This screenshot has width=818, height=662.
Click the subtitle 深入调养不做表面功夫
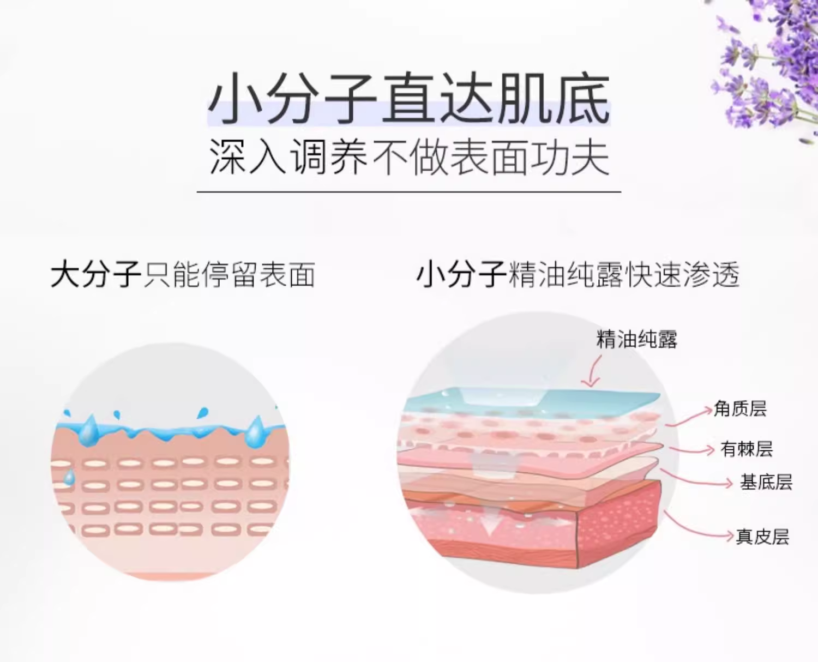click(x=409, y=158)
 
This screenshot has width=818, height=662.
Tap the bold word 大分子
click(x=96, y=274)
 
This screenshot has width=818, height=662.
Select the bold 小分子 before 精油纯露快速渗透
click(x=461, y=274)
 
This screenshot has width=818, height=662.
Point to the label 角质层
click(x=740, y=408)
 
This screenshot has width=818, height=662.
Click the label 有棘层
click(x=747, y=449)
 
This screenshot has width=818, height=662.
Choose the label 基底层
click(x=766, y=482)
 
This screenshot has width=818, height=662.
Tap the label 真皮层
click(x=762, y=537)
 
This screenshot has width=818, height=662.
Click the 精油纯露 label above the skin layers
click(x=636, y=339)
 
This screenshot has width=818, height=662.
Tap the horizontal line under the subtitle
click(x=409, y=192)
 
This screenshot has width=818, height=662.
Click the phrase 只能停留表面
click(x=229, y=274)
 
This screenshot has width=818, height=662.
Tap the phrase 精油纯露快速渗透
click(x=623, y=274)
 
